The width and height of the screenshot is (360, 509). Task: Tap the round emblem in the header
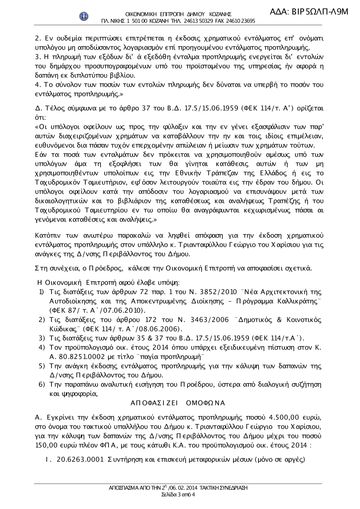[x=84, y=16]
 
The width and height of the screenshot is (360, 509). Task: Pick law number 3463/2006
[x=206, y=320]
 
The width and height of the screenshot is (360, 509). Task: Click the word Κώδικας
[x=62, y=329]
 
